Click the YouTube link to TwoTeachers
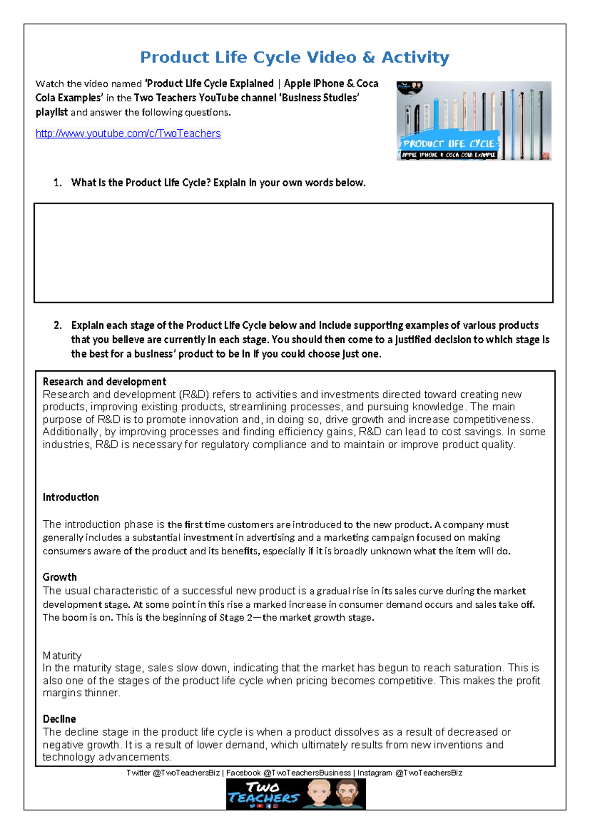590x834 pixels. click(128, 133)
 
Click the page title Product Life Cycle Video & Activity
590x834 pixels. click(295, 57)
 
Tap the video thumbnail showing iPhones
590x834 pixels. click(473, 120)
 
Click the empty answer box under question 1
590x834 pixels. click(294, 252)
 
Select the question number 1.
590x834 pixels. click(58, 183)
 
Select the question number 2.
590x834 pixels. click(58, 326)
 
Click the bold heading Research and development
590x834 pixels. click(104, 382)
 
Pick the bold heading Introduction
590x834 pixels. click(71, 497)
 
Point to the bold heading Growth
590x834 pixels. click(59, 577)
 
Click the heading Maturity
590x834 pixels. click(62, 655)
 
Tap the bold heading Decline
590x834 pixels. click(59, 719)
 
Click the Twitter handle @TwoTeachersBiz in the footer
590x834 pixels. click(186, 773)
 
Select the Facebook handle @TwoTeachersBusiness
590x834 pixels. click(307, 773)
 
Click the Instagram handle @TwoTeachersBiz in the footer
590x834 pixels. click(429, 773)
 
